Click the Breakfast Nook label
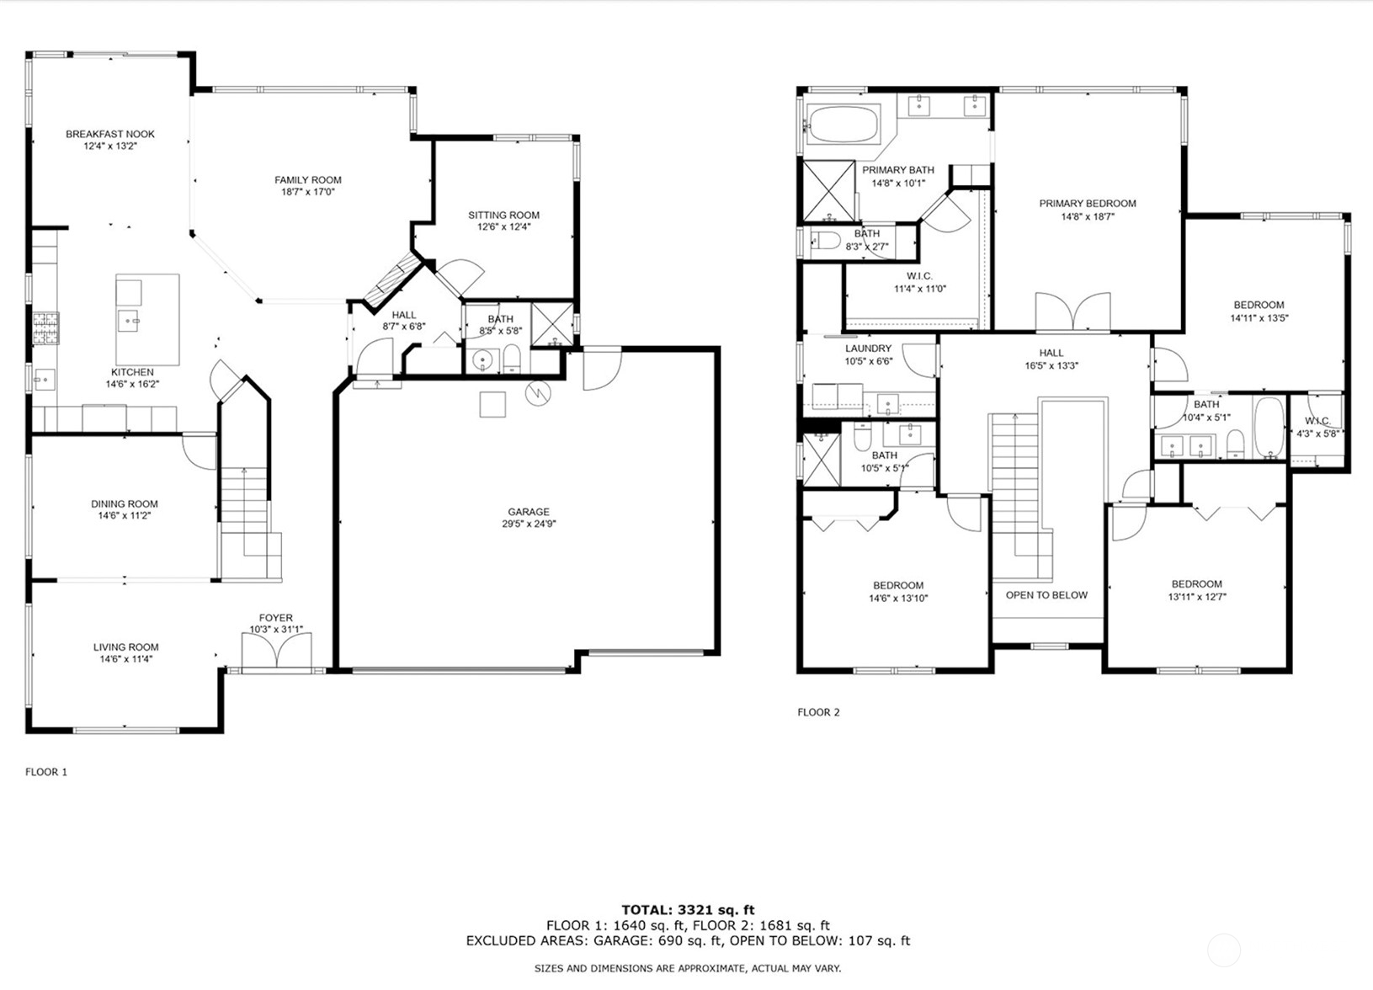pos(110,134)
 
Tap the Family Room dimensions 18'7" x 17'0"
pos(308,192)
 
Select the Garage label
pos(529,512)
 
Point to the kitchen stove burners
pos(46,328)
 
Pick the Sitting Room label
pos(504,216)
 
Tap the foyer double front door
pos(276,651)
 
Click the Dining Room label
pos(125,504)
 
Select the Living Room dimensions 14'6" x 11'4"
pos(125,659)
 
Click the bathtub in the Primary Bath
pos(842,125)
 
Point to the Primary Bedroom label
pos(1088,204)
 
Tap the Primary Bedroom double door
pos(1072,312)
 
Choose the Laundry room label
pos(868,349)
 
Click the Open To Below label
pos(1046,595)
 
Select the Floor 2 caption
pos(818,712)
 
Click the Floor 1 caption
pos(46,772)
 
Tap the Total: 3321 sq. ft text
pos(688,910)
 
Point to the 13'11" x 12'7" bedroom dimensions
pos(1196,597)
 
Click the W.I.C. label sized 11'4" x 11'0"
pos(919,276)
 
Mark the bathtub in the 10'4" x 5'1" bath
pos(1269,428)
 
